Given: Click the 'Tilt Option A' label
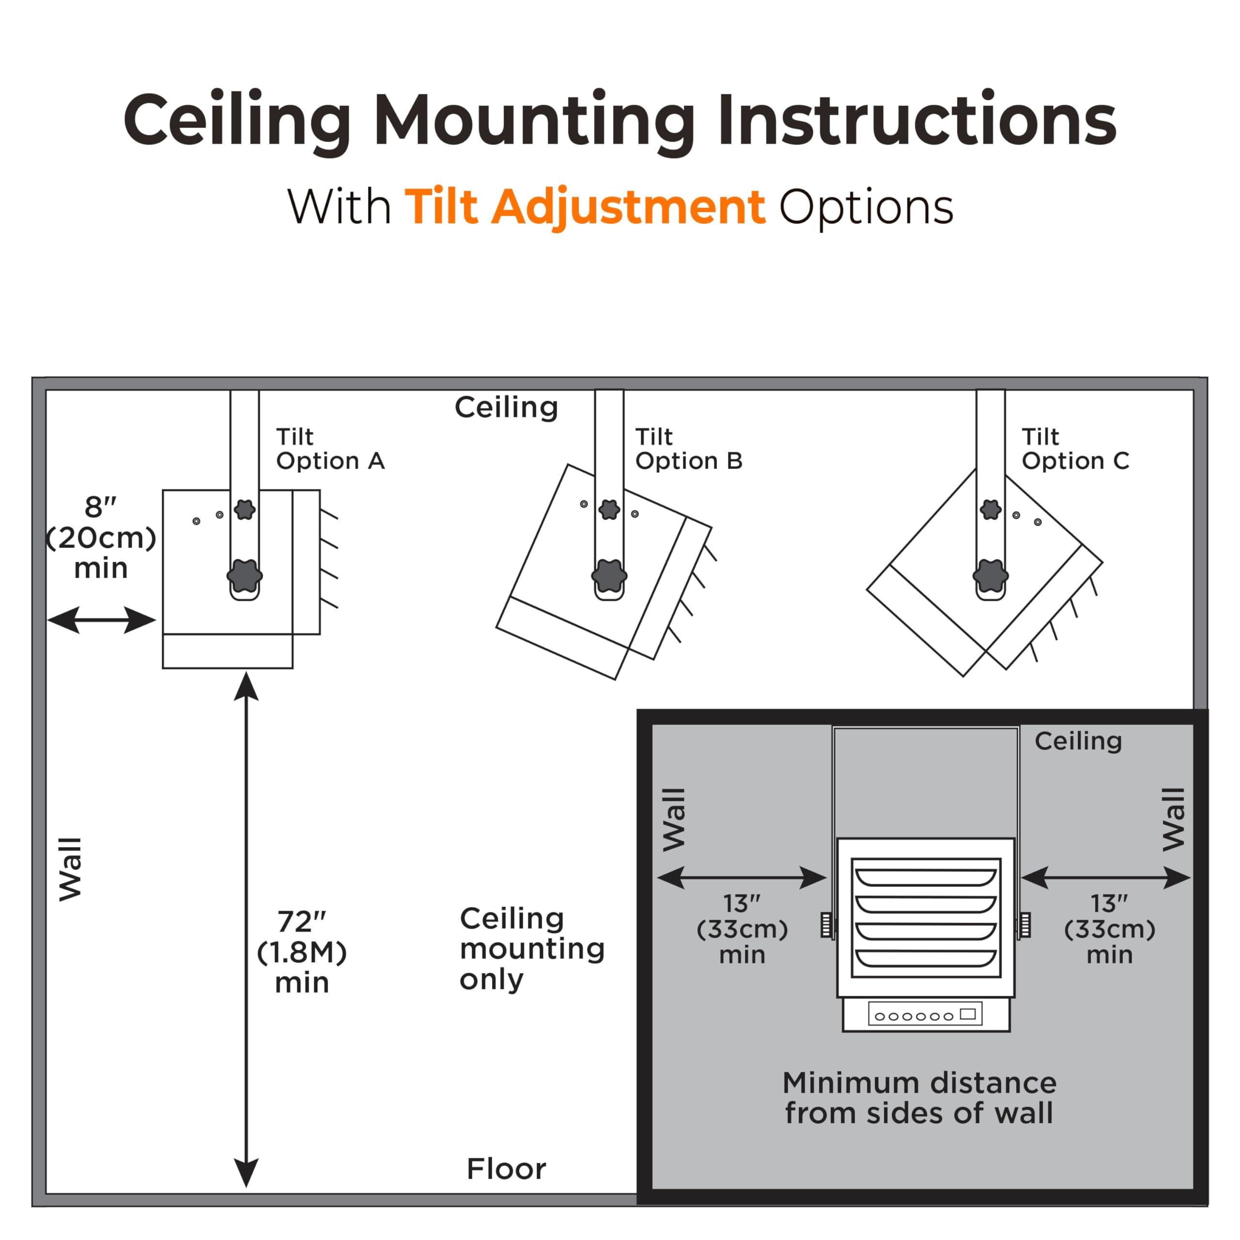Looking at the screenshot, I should (330, 449).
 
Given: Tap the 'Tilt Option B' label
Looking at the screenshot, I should (688, 449).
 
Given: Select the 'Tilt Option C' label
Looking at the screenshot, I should (1075, 449).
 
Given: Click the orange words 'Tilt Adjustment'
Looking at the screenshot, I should (585, 207).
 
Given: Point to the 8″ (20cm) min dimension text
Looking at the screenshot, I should (101, 538).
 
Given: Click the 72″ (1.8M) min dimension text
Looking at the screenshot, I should (302, 952).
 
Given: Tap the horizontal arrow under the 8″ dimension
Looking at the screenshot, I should (101, 620).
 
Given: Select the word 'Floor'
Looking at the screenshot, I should (506, 1169).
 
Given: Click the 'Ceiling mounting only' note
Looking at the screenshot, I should (531, 948).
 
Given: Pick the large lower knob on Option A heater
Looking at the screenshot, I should (245, 574).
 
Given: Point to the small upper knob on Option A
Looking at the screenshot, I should (245, 510).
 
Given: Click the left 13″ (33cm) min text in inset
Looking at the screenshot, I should (742, 930).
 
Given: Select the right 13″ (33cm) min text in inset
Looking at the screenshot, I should (1110, 930).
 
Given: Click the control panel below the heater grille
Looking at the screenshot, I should (926, 1014).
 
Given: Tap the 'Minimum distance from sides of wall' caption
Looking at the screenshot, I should (919, 1098).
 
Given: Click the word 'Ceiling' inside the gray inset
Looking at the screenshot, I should (1078, 741).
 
